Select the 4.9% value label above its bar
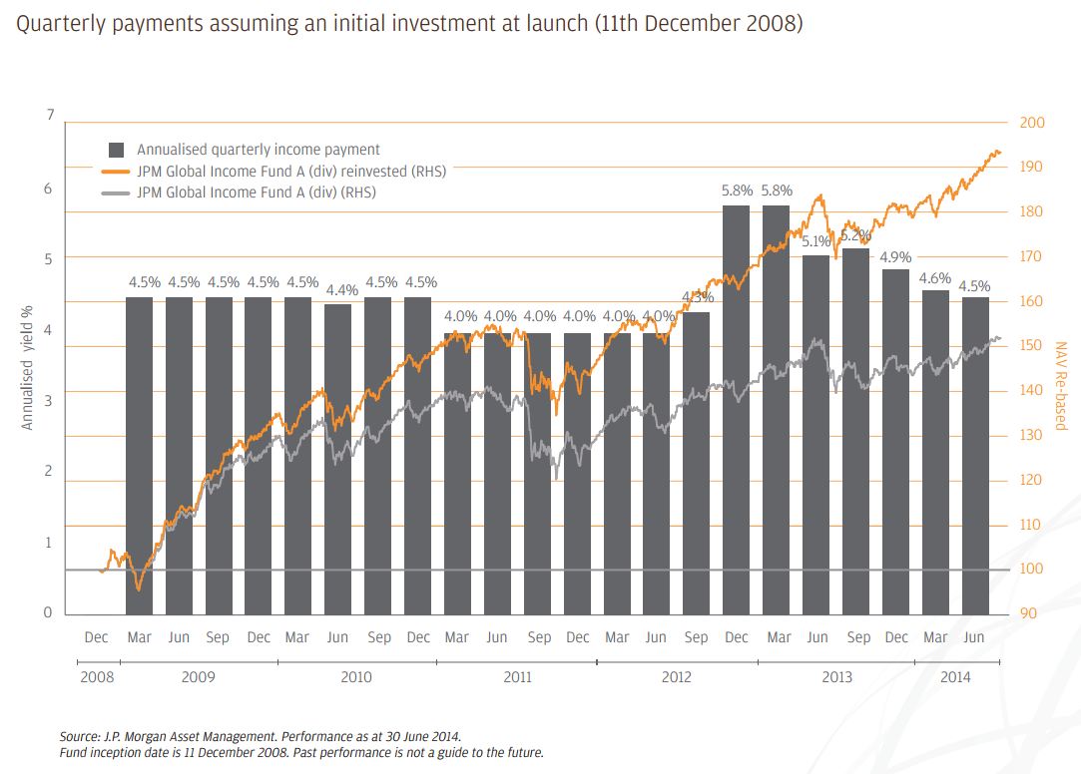[895, 256]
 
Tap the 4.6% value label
[935, 277]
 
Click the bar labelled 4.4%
[338, 459]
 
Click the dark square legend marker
[117, 150]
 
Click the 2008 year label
[97, 677]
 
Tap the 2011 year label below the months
[517, 677]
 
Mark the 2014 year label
[955, 677]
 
